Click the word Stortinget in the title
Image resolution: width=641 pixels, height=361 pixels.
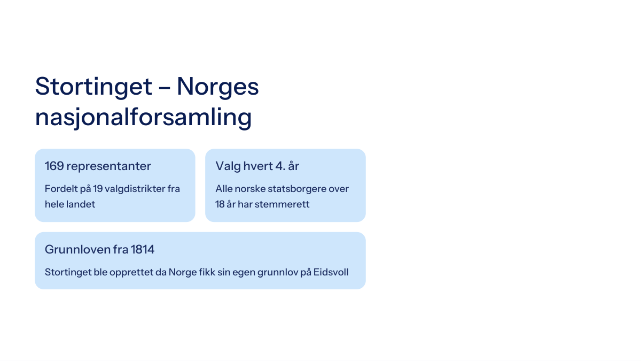pos(93,87)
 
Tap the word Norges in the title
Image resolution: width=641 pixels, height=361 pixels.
pos(218,87)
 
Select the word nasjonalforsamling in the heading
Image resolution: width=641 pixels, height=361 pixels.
pos(143,118)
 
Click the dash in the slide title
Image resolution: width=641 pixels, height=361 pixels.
pos(165,87)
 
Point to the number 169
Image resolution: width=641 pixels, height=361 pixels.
pos(54,166)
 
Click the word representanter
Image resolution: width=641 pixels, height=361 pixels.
pos(109,167)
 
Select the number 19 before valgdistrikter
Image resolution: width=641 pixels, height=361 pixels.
pos(98,189)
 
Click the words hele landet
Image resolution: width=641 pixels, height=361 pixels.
pos(70,204)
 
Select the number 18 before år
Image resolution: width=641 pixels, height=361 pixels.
pos(220,204)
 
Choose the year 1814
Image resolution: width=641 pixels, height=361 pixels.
pos(143,250)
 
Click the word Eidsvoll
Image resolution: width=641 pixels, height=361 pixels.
pos(331,272)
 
